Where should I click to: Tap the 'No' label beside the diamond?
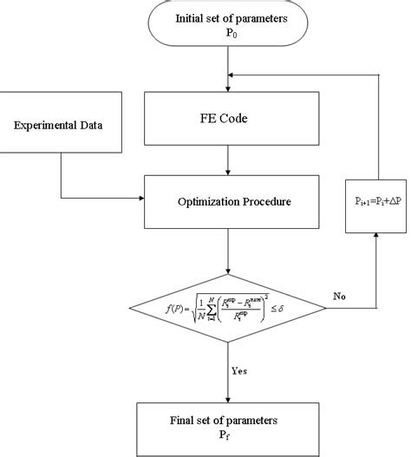(339, 296)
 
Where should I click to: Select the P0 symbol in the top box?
(229, 36)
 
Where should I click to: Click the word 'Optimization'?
(205, 201)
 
